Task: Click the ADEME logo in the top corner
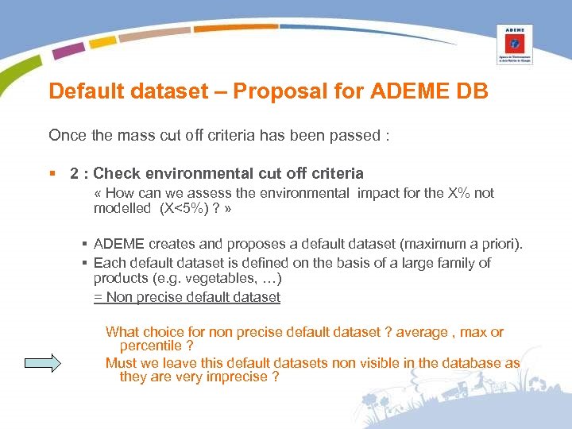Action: (x=514, y=44)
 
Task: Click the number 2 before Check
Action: (x=73, y=173)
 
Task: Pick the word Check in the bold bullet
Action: (x=115, y=173)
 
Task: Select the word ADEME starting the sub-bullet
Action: (x=116, y=242)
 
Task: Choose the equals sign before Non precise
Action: (x=98, y=297)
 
